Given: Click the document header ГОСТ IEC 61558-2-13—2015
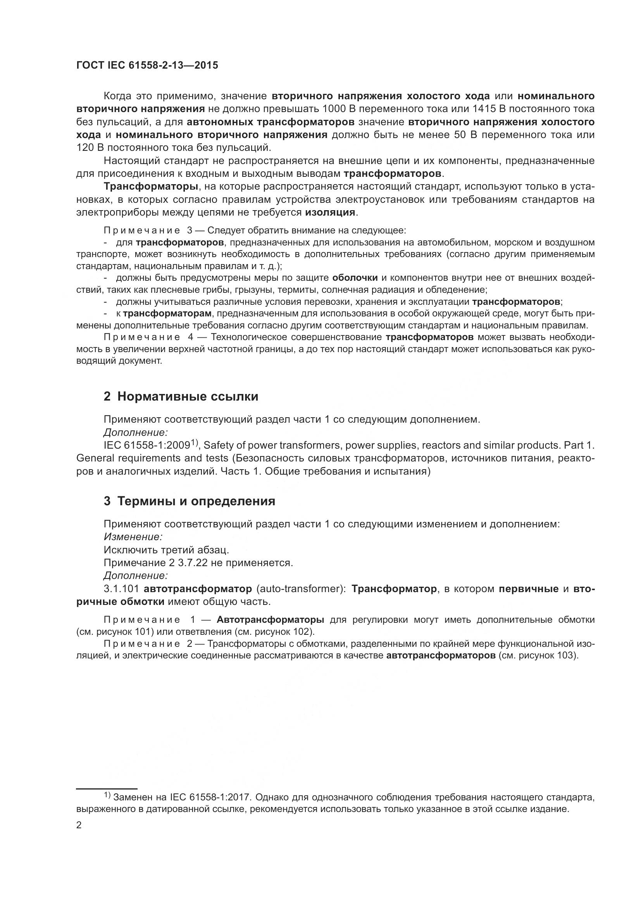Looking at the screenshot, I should [x=147, y=66].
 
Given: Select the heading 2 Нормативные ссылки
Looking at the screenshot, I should [x=181, y=396].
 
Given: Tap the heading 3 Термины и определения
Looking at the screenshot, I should [x=190, y=501].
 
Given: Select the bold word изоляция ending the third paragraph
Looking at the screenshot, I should [x=330, y=212].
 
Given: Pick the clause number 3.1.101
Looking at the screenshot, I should [x=121, y=589].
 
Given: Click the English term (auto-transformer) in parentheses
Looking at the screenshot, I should [x=301, y=589].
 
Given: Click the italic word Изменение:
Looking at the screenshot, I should [x=133, y=537].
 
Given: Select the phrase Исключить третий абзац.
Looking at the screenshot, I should [x=166, y=550].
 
